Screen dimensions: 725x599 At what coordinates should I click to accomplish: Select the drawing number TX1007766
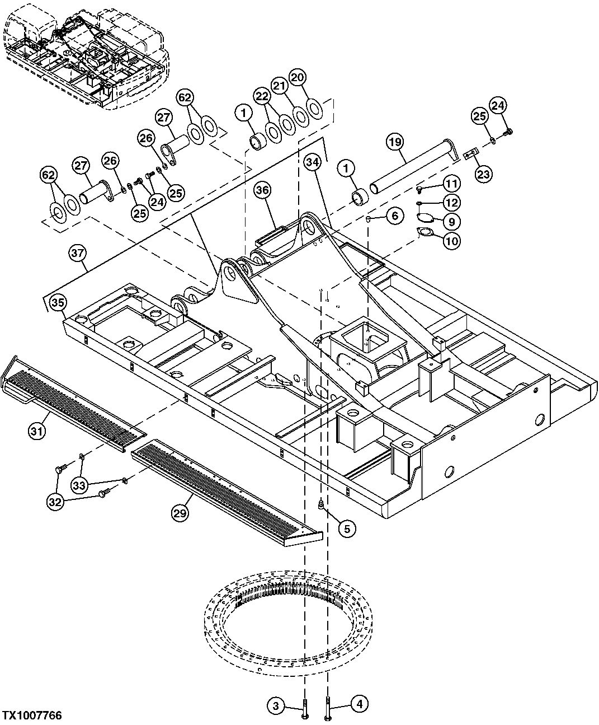pyautogui.click(x=31, y=716)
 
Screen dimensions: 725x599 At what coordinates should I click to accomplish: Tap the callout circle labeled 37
pyautogui.click(x=78, y=254)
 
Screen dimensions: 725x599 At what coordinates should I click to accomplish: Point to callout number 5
pyautogui.click(x=346, y=527)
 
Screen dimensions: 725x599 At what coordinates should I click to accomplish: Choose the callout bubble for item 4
pyautogui.click(x=359, y=703)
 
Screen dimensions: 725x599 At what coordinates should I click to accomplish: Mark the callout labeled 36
pyautogui.click(x=263, y=190)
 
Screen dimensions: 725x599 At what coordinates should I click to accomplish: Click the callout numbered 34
pyautogui.click(x=313, y=162)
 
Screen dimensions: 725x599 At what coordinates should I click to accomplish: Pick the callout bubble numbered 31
pyautogui.click(x=37, y=431)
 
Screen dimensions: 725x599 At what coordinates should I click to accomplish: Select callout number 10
pyautogui.click(x=452, y=241)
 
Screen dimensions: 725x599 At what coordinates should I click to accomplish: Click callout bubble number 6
pyautogui.click(x=395, y=215)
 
